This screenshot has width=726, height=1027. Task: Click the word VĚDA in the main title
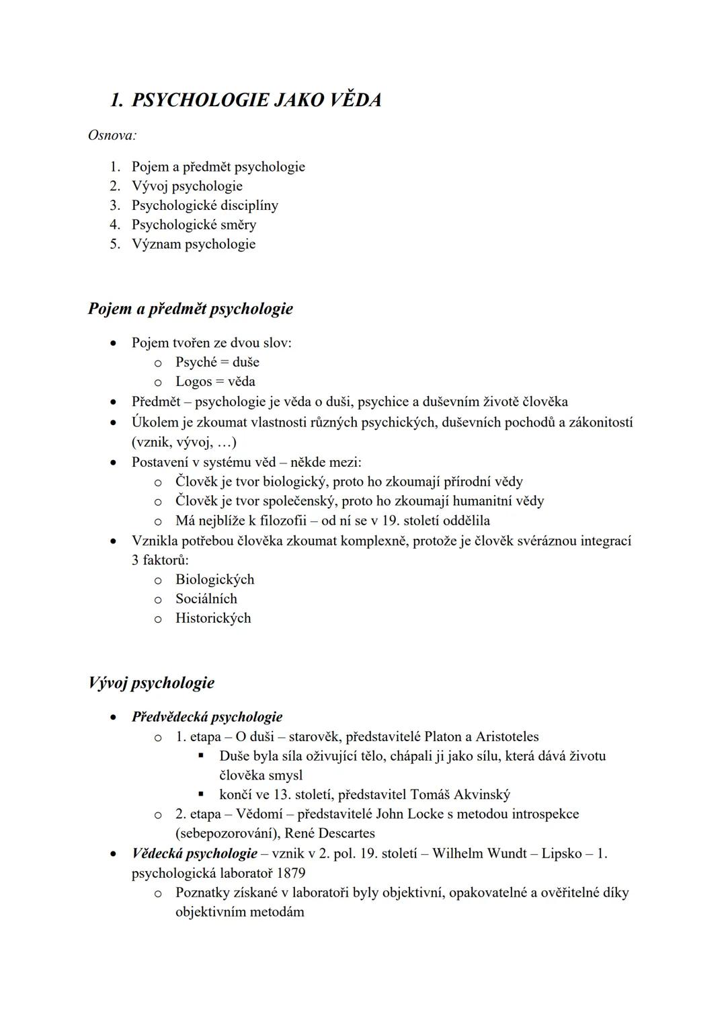[x=354, y=100]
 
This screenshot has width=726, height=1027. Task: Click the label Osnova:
[x=112, y=135]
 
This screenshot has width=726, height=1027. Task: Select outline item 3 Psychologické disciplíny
[x=204, y=205]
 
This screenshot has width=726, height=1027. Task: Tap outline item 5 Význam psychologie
[x=193, y=244]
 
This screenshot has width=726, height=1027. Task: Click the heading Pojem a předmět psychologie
[x=190, y=309]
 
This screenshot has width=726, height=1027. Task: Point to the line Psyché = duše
[x=217, y=362]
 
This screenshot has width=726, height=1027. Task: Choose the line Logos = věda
[x=215, y=381]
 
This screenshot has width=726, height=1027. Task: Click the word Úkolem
[x=153, y=422]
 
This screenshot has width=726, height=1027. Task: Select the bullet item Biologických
[x=214, y=579]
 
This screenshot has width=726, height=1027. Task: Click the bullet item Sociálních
[x=206, y=599]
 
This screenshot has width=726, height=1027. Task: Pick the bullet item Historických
[x=213, y=618]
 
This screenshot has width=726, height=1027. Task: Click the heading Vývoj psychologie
[x=151, y=683]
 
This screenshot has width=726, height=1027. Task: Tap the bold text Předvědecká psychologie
[x=207, y=717]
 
